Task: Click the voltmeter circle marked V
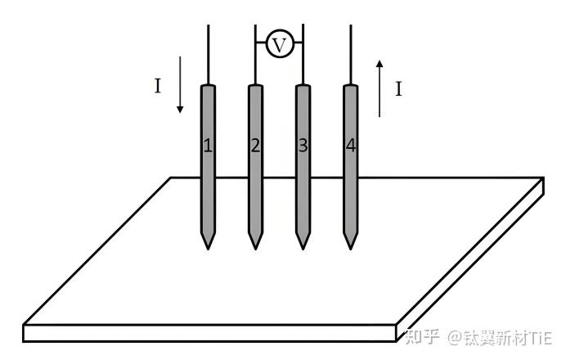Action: pyautogui.click(x=279, y=44)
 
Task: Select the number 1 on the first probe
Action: pyautogui.click(x=208, y=146)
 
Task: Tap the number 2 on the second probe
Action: pyautogui.click(x=255, y=146)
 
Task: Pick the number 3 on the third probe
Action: pyautogui.click(x=303, y=146)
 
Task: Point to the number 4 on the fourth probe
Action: pyautogui.click(x=351, y=146)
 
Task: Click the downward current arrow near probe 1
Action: pyautogui.click(x=181, y=85)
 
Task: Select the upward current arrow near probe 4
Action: pyautogui.click(x=379, y=87)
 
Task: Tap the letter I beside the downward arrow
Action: pyautogui.click(x=158, y=86)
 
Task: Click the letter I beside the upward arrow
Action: pyautogui.click(x=398, y=89)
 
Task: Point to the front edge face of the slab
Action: pyautogui.click(x=204, y=333)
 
